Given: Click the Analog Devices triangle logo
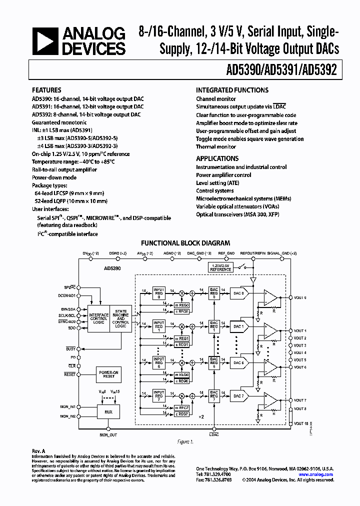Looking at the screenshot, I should [x=45, y=41].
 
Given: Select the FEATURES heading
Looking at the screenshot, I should [x=46, y=90].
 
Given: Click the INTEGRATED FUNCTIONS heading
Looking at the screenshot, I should [x=232, y=90].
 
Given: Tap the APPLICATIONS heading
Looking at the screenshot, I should [x=217, y=158].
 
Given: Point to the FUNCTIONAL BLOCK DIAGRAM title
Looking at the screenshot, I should [x=185, y=243].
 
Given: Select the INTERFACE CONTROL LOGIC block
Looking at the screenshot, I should [x=98, y=318].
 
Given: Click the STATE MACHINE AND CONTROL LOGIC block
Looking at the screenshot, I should [x=121, y=318].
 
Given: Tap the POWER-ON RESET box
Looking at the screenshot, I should [x=108, y=373].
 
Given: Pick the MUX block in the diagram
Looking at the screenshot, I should [x=108, y=412].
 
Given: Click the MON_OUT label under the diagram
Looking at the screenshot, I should [x=108, y=435].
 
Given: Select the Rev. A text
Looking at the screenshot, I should [x=38, y=450].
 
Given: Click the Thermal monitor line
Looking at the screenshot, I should [x=216, y=146].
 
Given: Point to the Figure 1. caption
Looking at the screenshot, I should [x=185, y=441].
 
